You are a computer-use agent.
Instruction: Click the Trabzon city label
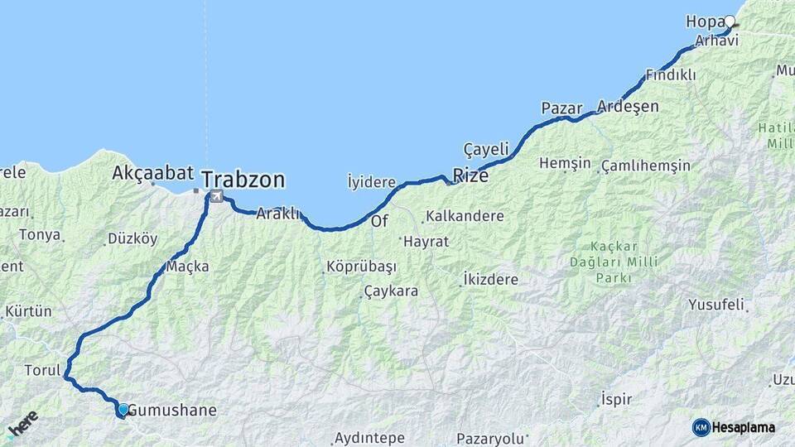coord(243,179)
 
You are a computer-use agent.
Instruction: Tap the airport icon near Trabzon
coord(216,196)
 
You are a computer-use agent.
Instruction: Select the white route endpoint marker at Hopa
coord(730,22)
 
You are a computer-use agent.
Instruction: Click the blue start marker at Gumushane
coord(123,409)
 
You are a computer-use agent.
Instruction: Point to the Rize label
coord(470,176)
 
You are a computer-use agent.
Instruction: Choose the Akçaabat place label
coord(153,173)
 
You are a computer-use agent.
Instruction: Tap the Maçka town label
coord(187,267)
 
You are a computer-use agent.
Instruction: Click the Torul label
coord(42,370)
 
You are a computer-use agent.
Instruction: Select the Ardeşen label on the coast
coord(628,107)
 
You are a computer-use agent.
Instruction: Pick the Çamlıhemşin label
coord(646,165)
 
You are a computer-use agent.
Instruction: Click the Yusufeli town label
coord(715,305)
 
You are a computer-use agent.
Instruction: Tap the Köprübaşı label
coord(361,267)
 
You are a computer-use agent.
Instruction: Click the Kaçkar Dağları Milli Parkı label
coord(625,261)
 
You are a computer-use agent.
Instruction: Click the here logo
coord(23,423)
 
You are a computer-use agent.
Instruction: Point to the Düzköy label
coord(132,238)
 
